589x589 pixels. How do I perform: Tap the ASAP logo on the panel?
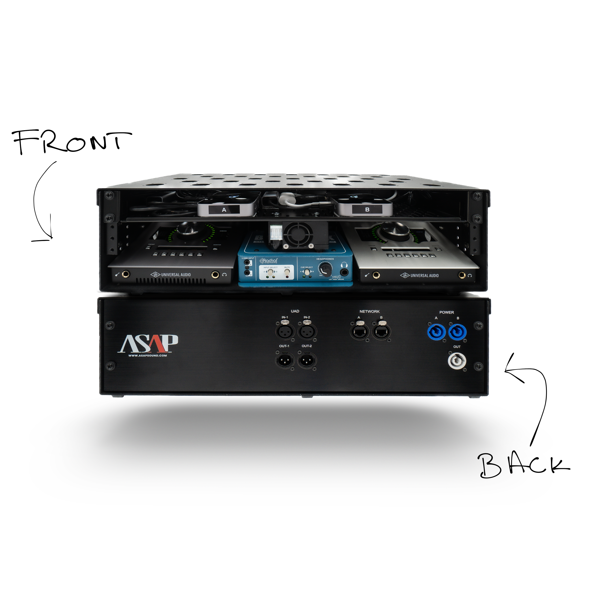148,344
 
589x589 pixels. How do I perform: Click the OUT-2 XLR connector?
307,361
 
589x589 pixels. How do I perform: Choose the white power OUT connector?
457,361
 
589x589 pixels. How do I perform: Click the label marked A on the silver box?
224,210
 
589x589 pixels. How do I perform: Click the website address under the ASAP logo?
147,355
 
